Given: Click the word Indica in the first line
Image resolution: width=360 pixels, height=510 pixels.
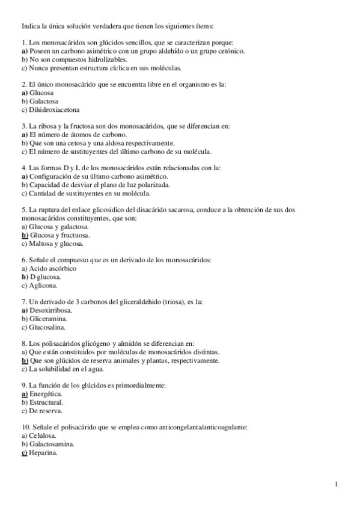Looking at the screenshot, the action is click(x=31, y=26).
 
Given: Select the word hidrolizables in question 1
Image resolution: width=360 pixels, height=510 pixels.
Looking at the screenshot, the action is click(x=106, y=60).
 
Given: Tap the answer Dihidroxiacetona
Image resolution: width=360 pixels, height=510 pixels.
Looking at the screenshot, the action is click(x=55, y=110).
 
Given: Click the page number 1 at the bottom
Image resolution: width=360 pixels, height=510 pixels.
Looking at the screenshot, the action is click(x=337, y=484).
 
